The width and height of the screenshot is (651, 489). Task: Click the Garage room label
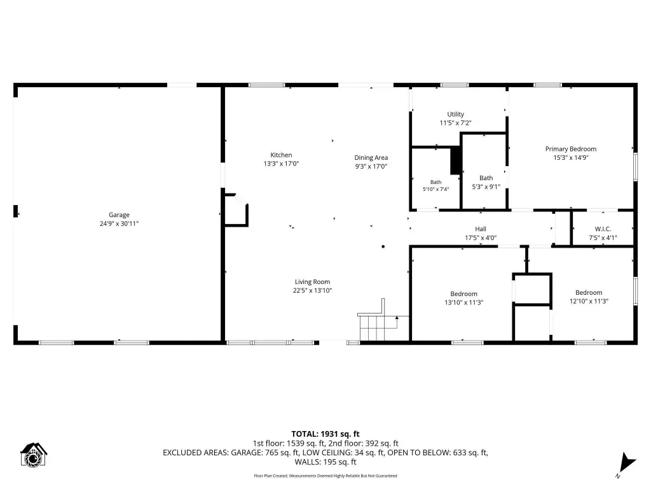(119, 215)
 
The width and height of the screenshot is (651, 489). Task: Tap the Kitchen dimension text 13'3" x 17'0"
(281, 164)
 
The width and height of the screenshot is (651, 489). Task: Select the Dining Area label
(371, 158)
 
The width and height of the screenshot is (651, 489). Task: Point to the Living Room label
(312, 282)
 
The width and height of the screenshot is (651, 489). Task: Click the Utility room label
(455, 114)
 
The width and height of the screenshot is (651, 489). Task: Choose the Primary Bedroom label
(571, 149)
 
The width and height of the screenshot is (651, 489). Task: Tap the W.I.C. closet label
(603, 229)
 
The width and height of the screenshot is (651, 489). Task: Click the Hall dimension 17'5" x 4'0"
(481, 238)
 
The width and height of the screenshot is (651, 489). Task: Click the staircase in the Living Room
(378, 321)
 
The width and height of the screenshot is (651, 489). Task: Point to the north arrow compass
(626, 464)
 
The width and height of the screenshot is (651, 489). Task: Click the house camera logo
(34, 455)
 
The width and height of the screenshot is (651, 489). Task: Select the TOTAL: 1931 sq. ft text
(325, 434)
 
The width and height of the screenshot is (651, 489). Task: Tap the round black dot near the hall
(383, 246)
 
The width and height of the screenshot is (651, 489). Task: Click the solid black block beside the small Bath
(456, 160)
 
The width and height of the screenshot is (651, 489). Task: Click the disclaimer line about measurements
(325, 476)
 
